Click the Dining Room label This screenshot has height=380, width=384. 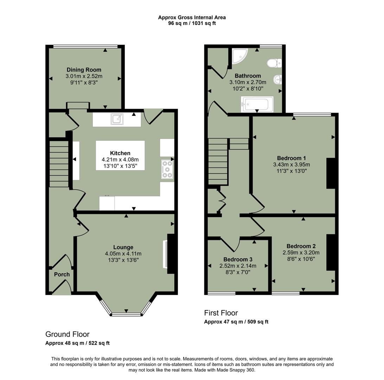coord(84,70)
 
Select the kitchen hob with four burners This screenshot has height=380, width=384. coord(167,169)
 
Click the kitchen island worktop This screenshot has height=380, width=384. coord(120,156)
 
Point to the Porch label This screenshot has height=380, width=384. coord(62,274)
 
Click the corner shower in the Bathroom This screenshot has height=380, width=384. coord(240,56)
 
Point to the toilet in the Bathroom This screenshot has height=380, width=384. coord(274,63)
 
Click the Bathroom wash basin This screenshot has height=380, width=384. coord(277,80)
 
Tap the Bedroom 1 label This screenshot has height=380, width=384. coord(291,158)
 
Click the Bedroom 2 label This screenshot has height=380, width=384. coord(301,246)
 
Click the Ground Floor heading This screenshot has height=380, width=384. coord(67,334)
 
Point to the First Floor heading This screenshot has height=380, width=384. coord(221,313)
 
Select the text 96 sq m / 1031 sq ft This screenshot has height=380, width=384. coord(192,24)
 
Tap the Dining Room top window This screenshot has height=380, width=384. coord(85,46)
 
